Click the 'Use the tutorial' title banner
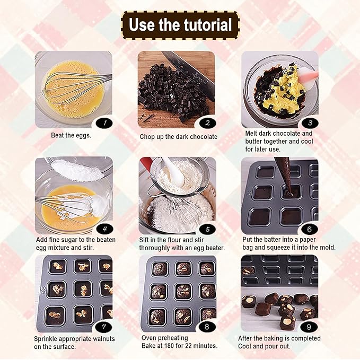(x=180, y=25)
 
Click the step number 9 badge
(x=310, y=327)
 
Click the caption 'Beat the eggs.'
(x=71, y=135)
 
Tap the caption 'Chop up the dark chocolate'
(x=179, y=137)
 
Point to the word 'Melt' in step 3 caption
(x=253, y=134)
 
